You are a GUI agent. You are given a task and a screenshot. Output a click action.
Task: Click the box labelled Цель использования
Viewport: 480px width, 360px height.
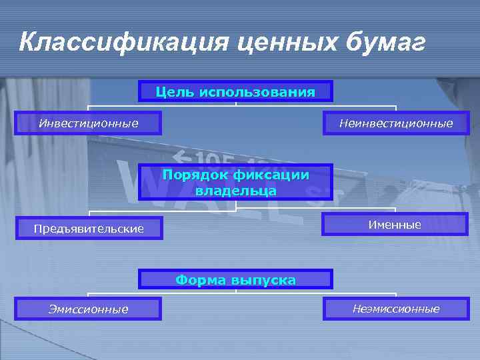[235, 91]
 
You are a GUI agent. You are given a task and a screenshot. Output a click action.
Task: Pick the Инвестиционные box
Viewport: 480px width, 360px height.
[88, 123]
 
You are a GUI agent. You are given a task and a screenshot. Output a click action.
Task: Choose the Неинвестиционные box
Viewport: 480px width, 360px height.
[396, 123]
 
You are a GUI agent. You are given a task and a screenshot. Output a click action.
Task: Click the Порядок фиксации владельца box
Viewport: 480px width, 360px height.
[235, 182]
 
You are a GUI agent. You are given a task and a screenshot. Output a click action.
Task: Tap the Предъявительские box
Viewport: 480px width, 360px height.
[89, 229]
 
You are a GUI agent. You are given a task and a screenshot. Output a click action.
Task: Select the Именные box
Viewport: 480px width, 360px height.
[395, 225]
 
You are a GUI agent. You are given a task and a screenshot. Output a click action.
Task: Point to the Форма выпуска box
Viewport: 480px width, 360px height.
[235, 279]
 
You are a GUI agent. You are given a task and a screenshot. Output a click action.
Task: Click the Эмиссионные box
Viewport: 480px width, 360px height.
[88, 309]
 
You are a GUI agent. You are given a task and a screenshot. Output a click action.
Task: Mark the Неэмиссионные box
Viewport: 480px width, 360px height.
[396, 309]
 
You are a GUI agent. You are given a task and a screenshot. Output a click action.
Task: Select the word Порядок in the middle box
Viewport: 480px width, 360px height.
[196, 175]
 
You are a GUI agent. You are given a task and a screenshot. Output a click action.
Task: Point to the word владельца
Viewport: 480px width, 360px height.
[236, 190]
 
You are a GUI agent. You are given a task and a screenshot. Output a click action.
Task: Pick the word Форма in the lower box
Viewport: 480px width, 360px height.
[200, 279]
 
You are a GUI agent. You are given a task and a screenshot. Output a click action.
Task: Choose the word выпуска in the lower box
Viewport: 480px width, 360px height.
[263, 279]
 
